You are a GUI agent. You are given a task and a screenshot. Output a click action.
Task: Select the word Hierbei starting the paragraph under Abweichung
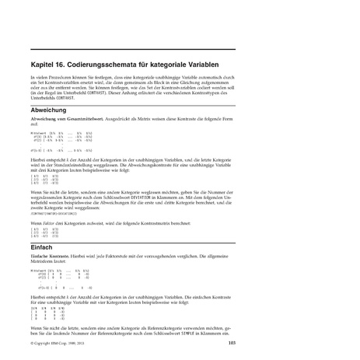click(39, 158)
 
